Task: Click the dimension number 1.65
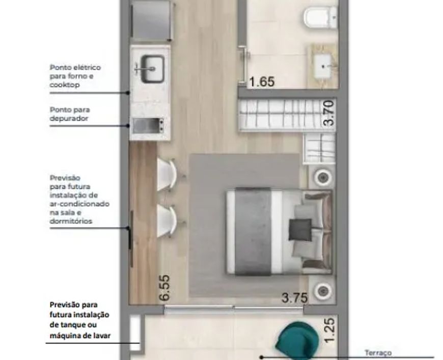pos(262,81)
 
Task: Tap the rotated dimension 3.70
pos(329,114)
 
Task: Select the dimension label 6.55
pos(164,288)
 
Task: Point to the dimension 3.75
pos(294,298)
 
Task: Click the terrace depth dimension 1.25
pos(329,330)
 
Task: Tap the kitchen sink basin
pos(153,69)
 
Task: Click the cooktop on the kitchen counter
pos(149,126)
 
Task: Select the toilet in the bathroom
pos(321,17)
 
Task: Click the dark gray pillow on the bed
pos(300,230)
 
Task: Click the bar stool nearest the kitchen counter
pos(168,174)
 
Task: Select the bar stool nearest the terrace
pos(168,221)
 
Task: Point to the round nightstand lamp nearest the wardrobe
pos(323,178)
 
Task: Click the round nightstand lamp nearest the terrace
pos(323,290)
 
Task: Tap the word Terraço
pos(378,353)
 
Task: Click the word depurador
pos(69,119)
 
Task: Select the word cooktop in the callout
pos(65,85)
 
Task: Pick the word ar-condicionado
pos(79,204)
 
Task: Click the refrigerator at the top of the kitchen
pos(152,20)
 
